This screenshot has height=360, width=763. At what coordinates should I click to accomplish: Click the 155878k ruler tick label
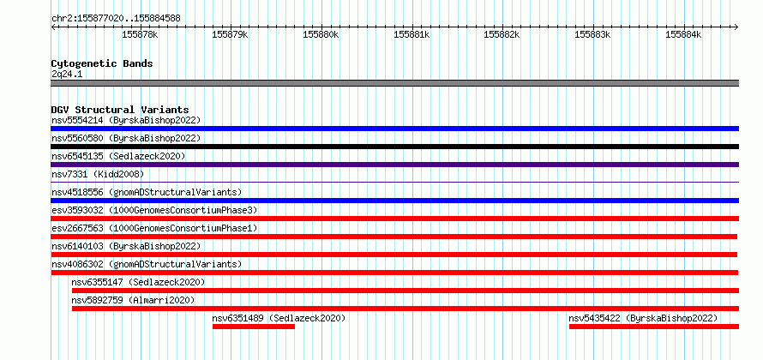click(x=140, y=35)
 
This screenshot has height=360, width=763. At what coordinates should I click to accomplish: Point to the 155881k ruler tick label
click(x=412, y=35)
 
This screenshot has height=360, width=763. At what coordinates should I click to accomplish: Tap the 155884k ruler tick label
click(x=683, y=35)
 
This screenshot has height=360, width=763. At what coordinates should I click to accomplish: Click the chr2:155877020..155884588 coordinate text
click(x=116, y=19)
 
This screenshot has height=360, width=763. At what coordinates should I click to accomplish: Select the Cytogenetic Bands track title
click(x=102, y=63)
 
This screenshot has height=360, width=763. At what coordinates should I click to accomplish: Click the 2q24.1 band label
click(x=67, y=74)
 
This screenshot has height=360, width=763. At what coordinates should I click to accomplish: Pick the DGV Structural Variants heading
click(x=120, y=110)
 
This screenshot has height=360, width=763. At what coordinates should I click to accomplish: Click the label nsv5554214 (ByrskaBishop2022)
click(x=126, y=120)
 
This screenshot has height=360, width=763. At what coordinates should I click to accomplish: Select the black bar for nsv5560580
click(x=394, y=147)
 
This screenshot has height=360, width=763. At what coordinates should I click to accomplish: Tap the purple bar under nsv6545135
click(x=394, y=165)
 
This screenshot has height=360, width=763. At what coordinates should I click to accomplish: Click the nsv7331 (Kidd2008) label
click(x=98, y=174)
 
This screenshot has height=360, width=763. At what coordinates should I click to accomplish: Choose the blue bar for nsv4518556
click(x=394, y=201)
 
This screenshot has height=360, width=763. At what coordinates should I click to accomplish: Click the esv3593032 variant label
click(x=78, y=210)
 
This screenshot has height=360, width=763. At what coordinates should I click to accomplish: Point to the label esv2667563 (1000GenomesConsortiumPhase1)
click(x=154, y=228)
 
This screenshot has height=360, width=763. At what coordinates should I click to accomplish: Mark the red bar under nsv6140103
click(x=394, y=255)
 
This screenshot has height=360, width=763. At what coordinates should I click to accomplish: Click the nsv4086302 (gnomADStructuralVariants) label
click(x=147, y=264)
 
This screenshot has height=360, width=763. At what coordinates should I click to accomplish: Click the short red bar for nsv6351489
click(x=254, y=327)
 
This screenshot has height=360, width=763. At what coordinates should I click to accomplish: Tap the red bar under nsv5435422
click(x=654, y=327)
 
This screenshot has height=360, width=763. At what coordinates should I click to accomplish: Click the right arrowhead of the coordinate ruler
click(x=736, y=27)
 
